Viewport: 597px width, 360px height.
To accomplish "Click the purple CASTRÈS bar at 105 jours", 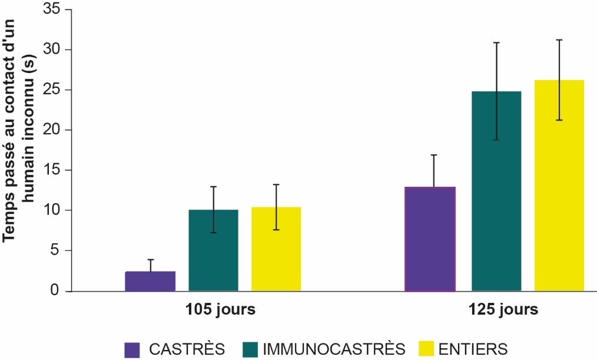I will tap(150, 281).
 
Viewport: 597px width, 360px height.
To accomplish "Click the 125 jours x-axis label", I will tap(495, 310).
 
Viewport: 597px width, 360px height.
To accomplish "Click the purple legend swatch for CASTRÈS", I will tap(132, 349).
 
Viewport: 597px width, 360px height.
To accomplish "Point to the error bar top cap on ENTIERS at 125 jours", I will tap(559, 40).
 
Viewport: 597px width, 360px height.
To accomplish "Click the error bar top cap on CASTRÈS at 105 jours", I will tap(150, 259).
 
